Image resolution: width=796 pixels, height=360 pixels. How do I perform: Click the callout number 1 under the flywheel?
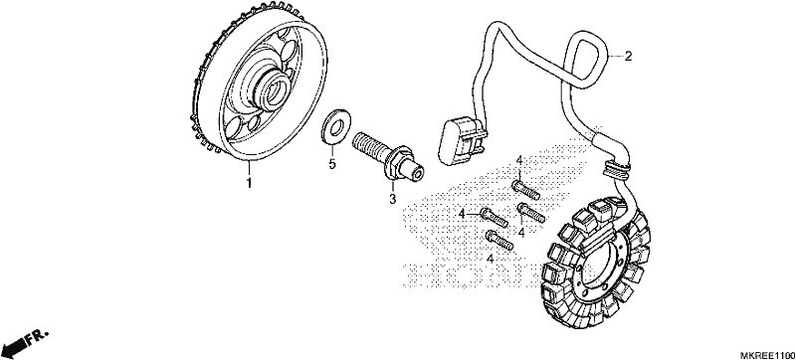point(249,183)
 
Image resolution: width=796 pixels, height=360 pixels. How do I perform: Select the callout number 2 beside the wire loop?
point(628,57)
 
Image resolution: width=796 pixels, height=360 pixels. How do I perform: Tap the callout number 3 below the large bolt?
point(392,199)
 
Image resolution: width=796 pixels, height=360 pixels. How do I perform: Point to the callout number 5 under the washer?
point(332,164)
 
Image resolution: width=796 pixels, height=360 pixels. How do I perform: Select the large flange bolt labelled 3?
point(388,157)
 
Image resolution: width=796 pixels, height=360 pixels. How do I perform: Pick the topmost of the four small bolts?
point(525,189)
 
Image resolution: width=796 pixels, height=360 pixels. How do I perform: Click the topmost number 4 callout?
point(519,161)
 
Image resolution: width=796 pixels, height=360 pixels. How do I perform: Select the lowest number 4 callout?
point(491,260)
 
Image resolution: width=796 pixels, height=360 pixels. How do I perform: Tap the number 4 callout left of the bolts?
point(462,215)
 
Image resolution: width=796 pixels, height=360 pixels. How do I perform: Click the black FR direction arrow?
point(14,347)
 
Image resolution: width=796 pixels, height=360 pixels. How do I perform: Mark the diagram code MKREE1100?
point(767,354)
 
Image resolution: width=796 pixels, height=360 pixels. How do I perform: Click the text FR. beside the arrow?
point(38,337)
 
